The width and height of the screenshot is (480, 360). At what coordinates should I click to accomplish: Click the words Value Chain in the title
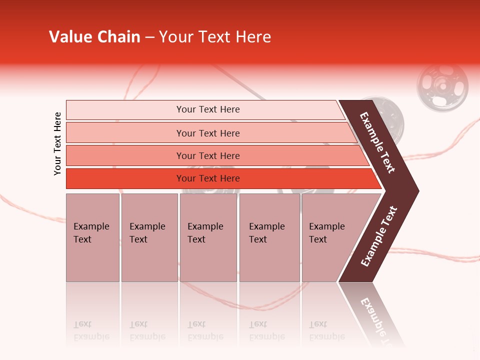click(x=94, y=37)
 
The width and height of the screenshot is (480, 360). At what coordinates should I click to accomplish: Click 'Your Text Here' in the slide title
click(x=215, y=37)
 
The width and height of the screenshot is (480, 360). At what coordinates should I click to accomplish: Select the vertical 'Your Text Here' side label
click(x=57, y=143)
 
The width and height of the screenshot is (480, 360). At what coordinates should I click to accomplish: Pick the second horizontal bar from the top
click(x=208, y=133)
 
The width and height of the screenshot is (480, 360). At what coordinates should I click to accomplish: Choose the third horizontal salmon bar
click(x=208, y=155)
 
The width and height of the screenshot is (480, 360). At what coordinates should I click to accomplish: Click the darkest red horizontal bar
click(x=208, y=178)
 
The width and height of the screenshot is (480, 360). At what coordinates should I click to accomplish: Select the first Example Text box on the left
click(x=92, y=237)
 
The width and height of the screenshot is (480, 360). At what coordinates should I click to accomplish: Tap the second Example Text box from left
click(x=149, y=237)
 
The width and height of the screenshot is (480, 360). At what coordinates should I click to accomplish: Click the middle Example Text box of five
click(x=208, y=237)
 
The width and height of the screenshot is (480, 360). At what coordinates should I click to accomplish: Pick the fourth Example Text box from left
click(x=269, y=237)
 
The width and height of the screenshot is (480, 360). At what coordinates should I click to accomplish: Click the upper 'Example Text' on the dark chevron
click(x=377, y=142)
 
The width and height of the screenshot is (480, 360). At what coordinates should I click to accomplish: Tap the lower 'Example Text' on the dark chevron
click(x=379, y=236)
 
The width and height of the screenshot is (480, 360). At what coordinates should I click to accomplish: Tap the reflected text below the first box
click(x=91, y=330)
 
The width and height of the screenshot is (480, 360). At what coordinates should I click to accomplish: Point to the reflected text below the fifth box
click(x=326, y=330)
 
